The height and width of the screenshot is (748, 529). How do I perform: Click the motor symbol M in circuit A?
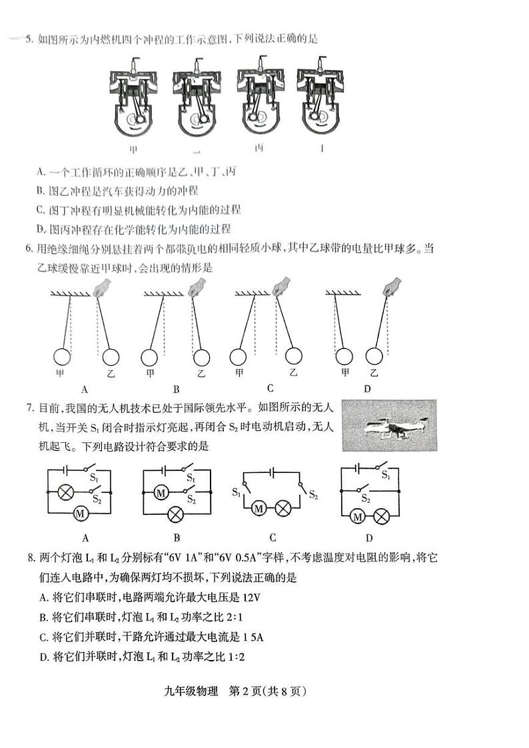[x=80, y=514]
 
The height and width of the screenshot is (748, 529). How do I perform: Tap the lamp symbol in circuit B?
[x=177, y=514]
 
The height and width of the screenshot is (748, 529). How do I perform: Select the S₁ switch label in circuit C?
[x=237, y=492]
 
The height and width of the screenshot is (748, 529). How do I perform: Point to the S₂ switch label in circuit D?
[x=364, y=497]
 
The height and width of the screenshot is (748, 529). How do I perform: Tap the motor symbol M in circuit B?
[x=160, y=493]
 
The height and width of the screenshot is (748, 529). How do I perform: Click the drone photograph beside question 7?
[x=388, y=425]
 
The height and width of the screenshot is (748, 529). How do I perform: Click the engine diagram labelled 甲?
[x=134, y=100]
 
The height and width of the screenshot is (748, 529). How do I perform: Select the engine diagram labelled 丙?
[x=259, y=98]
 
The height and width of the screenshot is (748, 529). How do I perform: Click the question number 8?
[x=29, y=557]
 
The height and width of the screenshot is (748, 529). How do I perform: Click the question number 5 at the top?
[x=29, y=39]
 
